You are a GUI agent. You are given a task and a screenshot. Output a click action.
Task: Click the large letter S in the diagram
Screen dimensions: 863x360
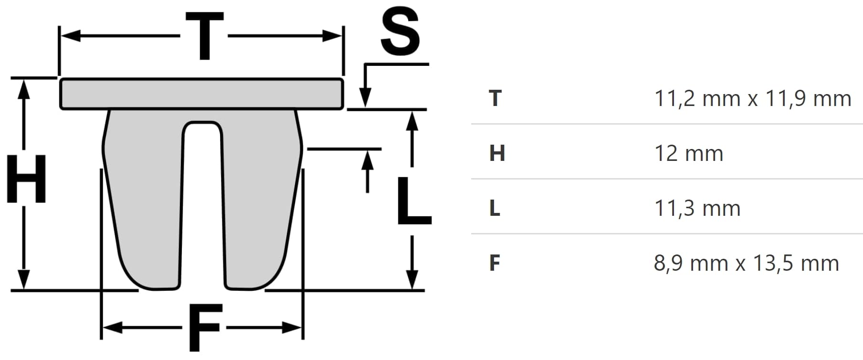tap(400, 32)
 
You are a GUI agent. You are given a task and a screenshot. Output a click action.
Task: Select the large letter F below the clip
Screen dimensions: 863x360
tap(204, 327)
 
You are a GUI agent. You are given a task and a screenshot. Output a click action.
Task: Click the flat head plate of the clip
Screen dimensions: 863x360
tap(201, 94)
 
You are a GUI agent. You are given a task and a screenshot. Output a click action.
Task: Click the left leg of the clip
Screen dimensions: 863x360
tap(143, 201)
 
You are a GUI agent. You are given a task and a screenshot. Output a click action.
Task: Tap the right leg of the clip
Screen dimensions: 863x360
tap(260, 201)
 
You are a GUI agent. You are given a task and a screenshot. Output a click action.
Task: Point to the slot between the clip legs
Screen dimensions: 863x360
tap(202, 201)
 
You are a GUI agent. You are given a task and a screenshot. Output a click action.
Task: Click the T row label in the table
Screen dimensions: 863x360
tap(495, 98)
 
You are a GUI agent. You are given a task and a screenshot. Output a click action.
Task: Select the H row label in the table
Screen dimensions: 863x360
tap(497, 153)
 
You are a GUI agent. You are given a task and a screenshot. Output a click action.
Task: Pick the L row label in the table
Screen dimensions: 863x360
tap(495, 208)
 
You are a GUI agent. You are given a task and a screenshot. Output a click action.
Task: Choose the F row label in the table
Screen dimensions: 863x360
tap(495, 263)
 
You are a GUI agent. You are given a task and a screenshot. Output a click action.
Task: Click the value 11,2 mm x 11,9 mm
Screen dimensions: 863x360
tap(752, 98)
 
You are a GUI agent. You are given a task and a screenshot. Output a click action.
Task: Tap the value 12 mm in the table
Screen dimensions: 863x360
tap(688, 153)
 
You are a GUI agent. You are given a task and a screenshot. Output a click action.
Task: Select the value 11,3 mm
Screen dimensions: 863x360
tap(697, 208)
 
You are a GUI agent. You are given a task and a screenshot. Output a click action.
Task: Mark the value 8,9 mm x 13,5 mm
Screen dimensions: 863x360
tap(746, 263)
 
